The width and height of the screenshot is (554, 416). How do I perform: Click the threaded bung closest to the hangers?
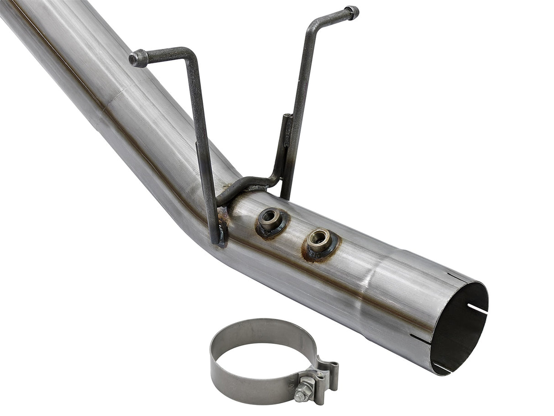click(x=270, y=220)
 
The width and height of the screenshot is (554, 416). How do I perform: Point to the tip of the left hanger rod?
click(x=136, y=58)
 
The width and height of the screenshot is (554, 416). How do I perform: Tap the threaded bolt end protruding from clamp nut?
click(x=299, y=396)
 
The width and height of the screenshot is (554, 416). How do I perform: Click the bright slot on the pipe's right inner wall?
click(x=477, y=309)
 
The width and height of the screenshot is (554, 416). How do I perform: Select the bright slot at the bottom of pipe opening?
click(x=441, y=367)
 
